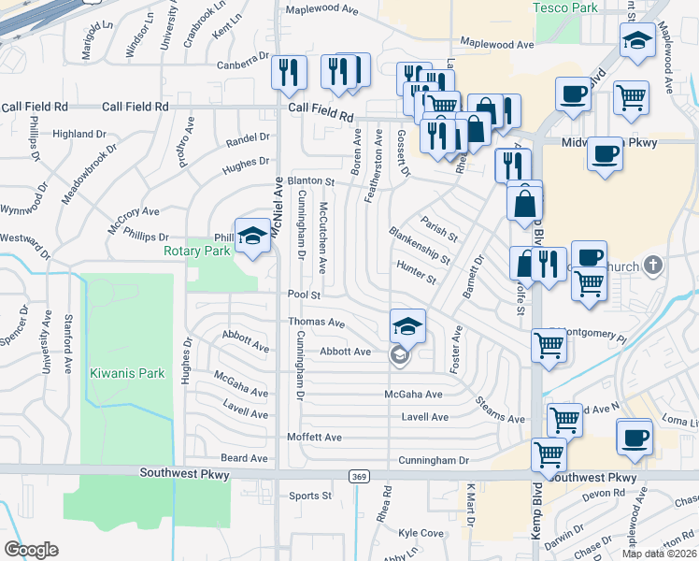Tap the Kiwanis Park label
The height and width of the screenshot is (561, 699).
pyautogui.click(x=127, y=373)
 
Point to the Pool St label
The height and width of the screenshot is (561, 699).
pyautogui.click(x=305, y=295)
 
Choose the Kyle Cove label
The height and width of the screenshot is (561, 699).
pyautogui.click(x=421, y=533)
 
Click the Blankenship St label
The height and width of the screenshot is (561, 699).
pyautogui.click(x=420, y=244)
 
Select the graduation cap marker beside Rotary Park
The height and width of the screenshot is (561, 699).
pyautogui.click(x=251, y=236)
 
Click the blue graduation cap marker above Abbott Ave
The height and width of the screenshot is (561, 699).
pyautogui.click(x=407, y=326)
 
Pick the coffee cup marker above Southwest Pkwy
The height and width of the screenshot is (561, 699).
pyautogui.click(x=635, y=439)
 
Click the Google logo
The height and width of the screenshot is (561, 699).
pyautogui.click(x=31, y=550)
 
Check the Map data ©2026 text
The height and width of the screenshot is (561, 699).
pyautogui.click(x=660, y=554)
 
